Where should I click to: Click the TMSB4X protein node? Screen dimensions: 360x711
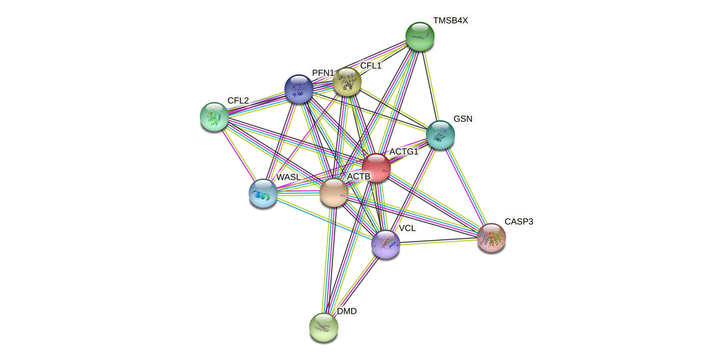tap(420, 36)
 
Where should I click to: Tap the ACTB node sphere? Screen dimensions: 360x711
tap(334, 192)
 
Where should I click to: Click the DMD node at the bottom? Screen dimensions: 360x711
tap(324, 327)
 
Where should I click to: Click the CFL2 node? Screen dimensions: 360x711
tap(214, 116)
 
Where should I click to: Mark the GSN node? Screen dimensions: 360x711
tap(440, 135)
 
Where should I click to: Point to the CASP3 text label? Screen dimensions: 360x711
tap(519, 221)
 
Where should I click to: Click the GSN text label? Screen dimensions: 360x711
tap(463, 119)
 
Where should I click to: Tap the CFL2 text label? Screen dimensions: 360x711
tap(238, 101)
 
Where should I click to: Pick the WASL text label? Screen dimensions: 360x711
tap(288, 177)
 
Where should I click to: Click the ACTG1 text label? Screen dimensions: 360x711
tap(404, 152)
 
